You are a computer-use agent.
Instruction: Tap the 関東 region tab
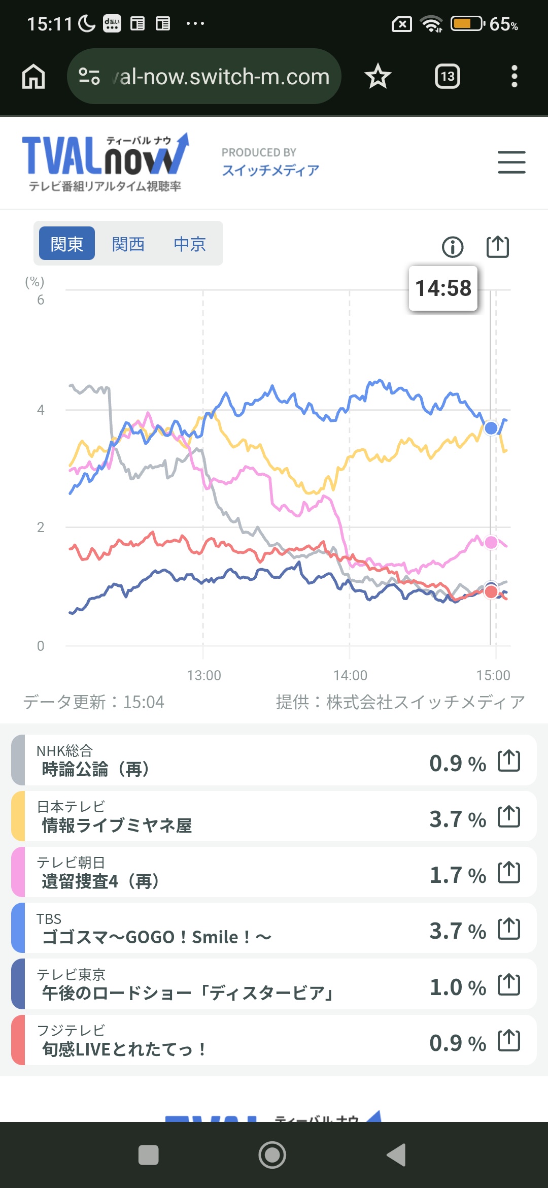(66, 244)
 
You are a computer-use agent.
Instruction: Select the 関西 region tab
(128, 244)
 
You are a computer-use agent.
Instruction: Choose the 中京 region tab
(190, 244)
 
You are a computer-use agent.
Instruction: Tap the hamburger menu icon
(511, 162)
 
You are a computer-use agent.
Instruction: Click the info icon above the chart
(453, 247)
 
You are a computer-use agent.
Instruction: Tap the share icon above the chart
(497, 247)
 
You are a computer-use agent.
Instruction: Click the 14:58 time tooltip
(443, 288)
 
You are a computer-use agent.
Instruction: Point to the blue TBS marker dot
(491, 428)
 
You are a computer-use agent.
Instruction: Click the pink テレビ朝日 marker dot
(491, 542)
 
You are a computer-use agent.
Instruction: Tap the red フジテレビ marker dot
(491, 591)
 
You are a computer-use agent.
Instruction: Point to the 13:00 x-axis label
(204, 675)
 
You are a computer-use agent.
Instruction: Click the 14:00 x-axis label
(350, 675)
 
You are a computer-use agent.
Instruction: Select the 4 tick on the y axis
(41, 410)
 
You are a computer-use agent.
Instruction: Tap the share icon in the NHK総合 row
(509, 761)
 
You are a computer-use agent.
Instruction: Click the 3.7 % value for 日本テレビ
(457, 819)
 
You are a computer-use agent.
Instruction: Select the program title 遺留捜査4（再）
(100, 881)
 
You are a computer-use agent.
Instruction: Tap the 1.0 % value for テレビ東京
(457, 987)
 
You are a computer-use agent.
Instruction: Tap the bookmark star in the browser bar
(378, 77)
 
